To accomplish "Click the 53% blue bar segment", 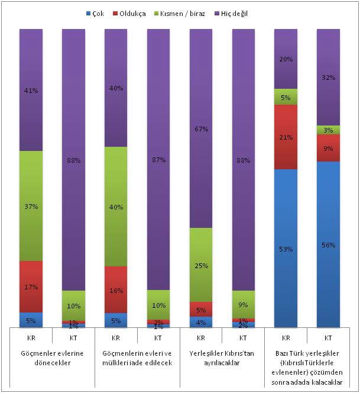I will tap(286, 249).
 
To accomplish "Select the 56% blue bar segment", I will tap(328, 244).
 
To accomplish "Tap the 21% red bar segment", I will tap(286, 137).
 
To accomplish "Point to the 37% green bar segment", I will tap(31, 206).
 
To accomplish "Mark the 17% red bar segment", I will tap(31, 286).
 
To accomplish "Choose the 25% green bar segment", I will tap(200, 265).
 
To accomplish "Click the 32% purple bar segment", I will tap(328, 77).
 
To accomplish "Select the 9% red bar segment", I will tap(328, 148).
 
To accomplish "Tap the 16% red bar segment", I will tap(116, 289).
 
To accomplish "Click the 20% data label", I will tap(286, 59).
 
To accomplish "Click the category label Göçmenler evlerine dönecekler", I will tap(51, 358).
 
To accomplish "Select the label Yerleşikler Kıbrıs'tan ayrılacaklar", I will tap(221, 358).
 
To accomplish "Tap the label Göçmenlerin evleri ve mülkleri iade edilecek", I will tap(137, 358).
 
